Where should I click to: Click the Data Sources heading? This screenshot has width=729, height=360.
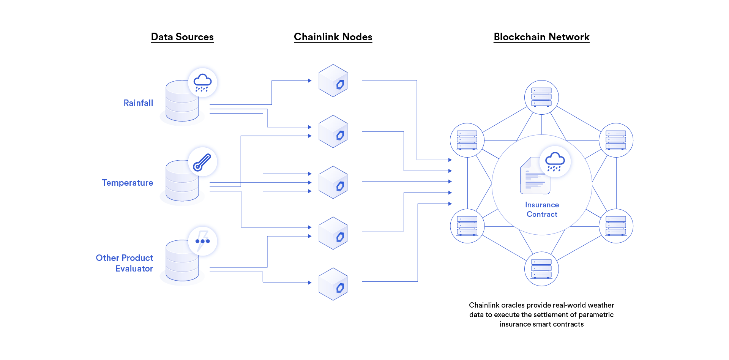pos(182,37)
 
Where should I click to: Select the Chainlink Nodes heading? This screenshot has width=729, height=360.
pos(333,37)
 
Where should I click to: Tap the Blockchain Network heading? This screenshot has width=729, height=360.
pos(541,37)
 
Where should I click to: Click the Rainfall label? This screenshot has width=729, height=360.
pos(138,103)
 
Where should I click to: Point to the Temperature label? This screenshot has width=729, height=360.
pos(128,183)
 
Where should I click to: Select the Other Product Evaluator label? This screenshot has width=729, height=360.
pos(125,263)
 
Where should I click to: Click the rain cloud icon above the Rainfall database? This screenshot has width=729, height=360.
pos(202,82)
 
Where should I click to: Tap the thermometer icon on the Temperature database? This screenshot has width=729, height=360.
pos(202,162)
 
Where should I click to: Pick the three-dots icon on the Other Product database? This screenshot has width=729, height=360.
pos(202,241)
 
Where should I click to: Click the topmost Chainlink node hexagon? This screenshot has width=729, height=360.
pos(333,81)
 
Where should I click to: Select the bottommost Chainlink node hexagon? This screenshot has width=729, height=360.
pos(333,284)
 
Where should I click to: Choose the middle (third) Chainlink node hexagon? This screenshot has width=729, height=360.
pos(333,182)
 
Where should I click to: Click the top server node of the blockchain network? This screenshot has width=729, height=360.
pos(541,97)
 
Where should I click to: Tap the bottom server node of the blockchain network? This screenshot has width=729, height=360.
pos(541,269)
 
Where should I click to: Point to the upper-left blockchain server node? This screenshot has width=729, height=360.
pos(467,140)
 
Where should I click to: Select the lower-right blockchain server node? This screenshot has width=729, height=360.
pos(616,226)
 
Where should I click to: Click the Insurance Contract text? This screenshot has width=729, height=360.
pos(542,209)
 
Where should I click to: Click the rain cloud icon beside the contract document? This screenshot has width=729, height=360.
pos(555,161)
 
